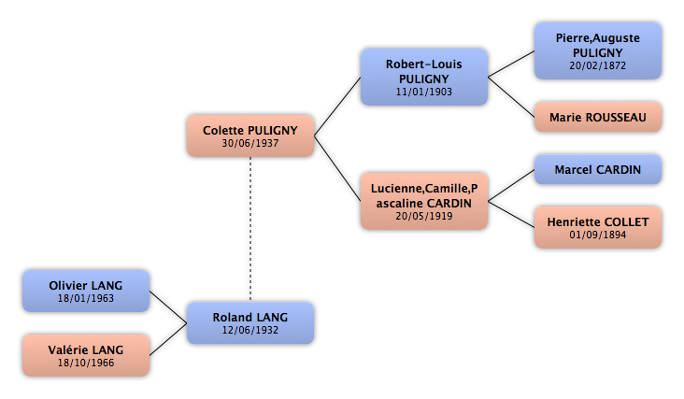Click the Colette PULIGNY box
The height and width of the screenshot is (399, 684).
click(250, 135)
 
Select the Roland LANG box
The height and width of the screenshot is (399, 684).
click(250, 322)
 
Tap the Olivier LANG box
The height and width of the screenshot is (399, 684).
click(86, 291)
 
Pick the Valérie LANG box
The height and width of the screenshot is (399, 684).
click(86, 355)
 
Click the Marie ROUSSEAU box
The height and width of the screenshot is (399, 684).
click(598, 117)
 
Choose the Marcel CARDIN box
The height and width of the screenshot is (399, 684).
click(598, 169)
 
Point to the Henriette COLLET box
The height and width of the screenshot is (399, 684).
click(598, 227)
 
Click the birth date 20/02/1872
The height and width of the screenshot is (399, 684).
click(598, 65)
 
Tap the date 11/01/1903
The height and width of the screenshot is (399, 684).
click(424, 92)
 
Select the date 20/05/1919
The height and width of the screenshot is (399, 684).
click(424, 216)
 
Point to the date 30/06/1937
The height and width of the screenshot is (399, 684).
click(250, 143)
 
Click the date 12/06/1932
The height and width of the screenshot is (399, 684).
click(250, 330)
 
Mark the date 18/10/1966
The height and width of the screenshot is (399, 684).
click(86, 363)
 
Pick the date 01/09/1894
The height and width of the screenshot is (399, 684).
click(598, 235)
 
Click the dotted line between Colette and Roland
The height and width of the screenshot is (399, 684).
click(250, 229)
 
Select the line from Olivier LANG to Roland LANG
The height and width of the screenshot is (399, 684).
click(168, 307)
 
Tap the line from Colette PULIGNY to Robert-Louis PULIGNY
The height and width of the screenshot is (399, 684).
click(337, 107)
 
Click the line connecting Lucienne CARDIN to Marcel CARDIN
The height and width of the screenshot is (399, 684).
click(511, 185)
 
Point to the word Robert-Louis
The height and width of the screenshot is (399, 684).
click(423, 64)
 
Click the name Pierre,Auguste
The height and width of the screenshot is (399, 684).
click(598, 38)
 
